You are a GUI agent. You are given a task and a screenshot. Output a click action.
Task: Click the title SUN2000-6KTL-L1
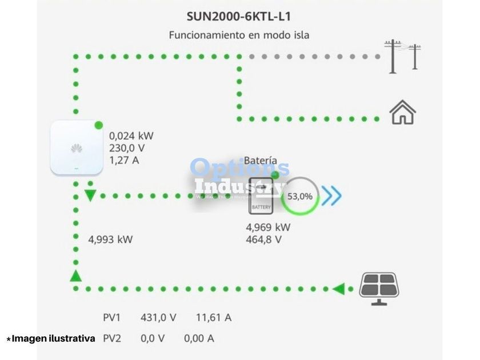[x=239, y=15]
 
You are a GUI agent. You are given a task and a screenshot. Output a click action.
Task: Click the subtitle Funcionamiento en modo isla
[x=239, y=35]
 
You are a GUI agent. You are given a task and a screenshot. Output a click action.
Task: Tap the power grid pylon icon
[x=402, y=56]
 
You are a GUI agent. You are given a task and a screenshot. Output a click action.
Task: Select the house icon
[x=402, y=113]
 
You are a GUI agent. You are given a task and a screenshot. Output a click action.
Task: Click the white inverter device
[x=76, y=148]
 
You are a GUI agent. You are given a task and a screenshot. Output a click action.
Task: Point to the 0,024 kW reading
[x=131, y=136]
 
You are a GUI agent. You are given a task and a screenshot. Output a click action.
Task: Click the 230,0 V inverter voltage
[x=128, y=148]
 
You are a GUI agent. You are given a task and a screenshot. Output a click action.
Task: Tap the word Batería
[x=261, y=161]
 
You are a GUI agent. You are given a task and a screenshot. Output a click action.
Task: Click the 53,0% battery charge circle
[x=300, y=196]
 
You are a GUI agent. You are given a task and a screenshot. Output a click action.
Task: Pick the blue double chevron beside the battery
[x=331, y=196]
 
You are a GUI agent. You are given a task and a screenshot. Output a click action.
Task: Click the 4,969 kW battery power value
[x=268, y=227]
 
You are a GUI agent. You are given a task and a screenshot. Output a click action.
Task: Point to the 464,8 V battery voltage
[x=263, y=239]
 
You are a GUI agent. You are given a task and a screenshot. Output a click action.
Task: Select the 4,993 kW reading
[x=110, y=239]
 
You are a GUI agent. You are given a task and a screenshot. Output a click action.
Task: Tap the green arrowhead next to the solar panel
[x=339, y=289]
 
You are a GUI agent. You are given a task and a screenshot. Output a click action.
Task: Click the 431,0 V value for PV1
[x=158, y=317]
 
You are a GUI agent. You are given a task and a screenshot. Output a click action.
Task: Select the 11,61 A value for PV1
[x=214, y=317]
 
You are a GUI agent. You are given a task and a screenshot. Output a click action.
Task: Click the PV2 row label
[x=112, y=338]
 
